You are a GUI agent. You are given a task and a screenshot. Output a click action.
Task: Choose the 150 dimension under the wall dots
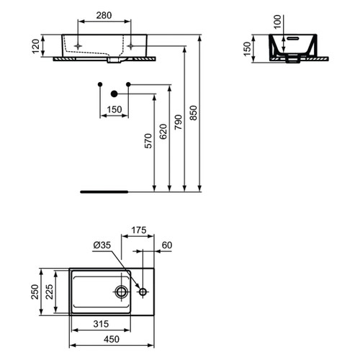112,110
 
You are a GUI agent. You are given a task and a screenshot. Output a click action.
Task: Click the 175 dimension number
138,230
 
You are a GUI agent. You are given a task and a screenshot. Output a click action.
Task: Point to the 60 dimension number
167,246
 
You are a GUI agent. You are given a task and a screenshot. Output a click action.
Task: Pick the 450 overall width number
111,341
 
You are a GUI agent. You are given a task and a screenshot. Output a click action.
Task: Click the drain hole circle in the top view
122,292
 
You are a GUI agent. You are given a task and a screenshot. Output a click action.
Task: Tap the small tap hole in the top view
143,292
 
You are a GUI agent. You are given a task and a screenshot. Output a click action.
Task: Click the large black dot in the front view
113,94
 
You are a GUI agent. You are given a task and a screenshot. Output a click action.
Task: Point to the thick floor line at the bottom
104,192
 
